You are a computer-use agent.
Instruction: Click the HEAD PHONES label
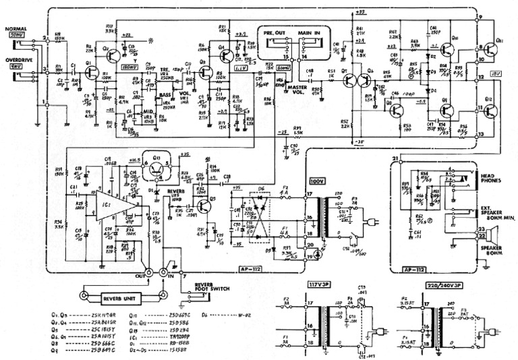pos(492,175)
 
